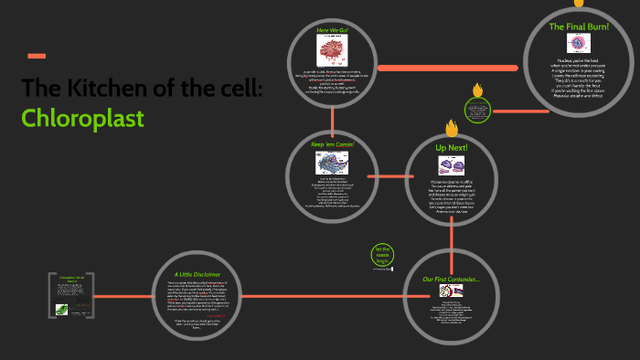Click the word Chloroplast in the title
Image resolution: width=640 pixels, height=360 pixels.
click(x=83, y=118)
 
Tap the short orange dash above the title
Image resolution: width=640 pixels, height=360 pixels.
click(x=37, y=56)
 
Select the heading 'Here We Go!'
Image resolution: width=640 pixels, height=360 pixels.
click(x=333, y=30)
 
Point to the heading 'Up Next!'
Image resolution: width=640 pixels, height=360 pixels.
click(x=451, y=147)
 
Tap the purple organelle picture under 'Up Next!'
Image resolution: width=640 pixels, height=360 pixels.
click(x=452, y=166)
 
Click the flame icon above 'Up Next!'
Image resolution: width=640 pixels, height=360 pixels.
click(x=451, y=128)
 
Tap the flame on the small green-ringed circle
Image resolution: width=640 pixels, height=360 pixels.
click(x=476, y=90)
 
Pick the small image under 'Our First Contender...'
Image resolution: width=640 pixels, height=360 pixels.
click(x=451, y=291)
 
